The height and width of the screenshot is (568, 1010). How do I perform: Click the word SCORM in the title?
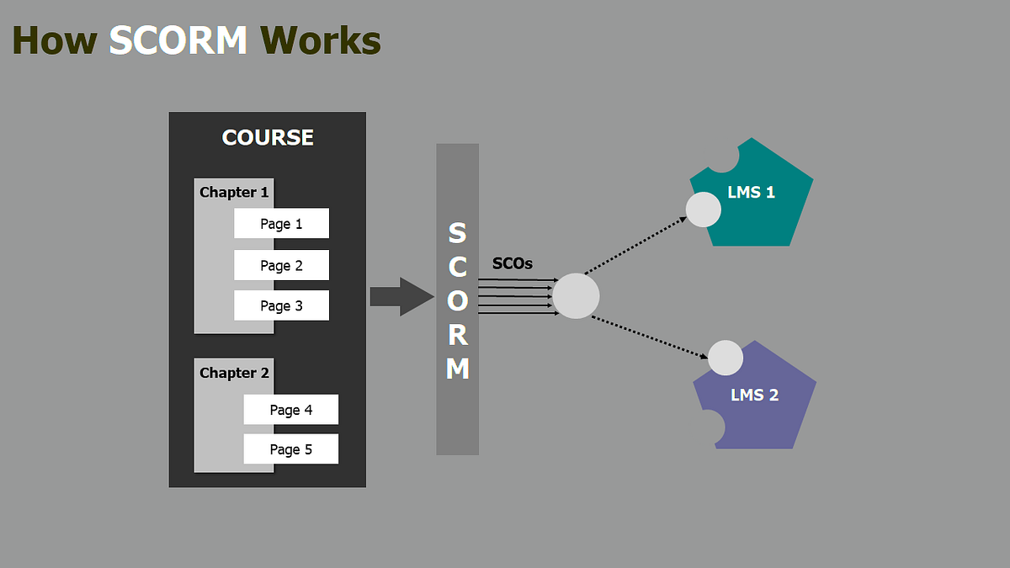[x=178, y=40]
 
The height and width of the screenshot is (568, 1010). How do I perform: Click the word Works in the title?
[x=321, y=40]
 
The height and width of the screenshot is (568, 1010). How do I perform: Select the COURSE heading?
[x=268, y=137]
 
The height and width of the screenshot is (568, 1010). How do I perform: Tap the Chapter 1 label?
[x=234, y=192]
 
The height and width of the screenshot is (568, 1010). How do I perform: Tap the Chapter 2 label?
[x=234, y=373]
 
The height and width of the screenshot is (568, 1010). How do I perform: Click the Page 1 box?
[x=281, y=224]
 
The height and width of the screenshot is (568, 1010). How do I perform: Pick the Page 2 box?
[x=281, y=265]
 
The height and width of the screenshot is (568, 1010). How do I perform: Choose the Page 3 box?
[x=281, y=305]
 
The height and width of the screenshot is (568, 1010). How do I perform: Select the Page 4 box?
[x=291, y=410]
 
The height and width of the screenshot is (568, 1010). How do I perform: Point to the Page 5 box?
[x=291, y=449]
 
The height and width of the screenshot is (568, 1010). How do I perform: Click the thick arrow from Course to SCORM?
[x=401, y=297]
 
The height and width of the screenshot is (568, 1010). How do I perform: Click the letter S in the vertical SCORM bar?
[x=457, y=232]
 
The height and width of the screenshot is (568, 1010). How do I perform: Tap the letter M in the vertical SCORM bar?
[x=457, y=369]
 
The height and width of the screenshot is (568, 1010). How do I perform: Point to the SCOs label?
[x=512, y=263]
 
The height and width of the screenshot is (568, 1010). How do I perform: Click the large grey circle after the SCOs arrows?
[x=576, y=296]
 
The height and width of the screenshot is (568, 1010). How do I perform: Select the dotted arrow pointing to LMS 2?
[x=648, y=337]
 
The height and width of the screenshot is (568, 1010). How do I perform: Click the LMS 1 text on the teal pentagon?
[x=751, y=192]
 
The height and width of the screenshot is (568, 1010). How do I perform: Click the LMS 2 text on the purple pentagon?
[x=754, y=394]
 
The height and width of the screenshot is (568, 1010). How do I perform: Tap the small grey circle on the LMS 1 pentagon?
[x=703, y=210]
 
